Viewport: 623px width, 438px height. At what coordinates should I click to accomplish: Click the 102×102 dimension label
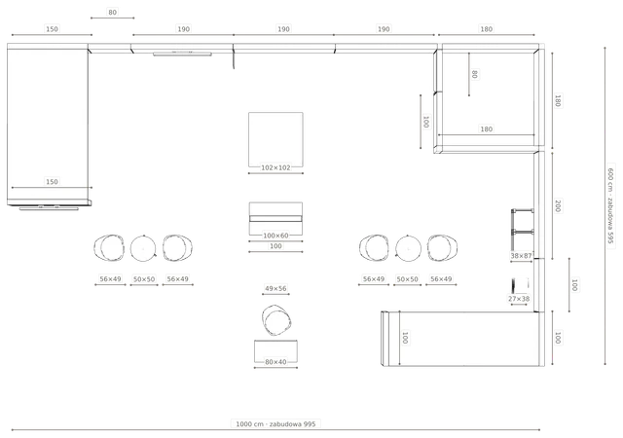click(x=275, y=167)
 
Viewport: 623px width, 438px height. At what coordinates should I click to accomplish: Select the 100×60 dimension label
click(x=275, y=236)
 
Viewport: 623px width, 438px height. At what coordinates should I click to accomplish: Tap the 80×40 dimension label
click(x=275, y=362)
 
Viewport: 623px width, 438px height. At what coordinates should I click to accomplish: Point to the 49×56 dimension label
click(x=275, y=288)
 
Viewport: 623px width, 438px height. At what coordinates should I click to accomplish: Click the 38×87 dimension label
click(x=521, y=256)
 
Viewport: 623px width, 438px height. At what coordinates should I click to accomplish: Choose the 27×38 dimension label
click(x=519, y=299)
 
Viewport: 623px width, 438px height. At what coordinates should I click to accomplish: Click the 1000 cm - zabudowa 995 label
click(x=275, y=424)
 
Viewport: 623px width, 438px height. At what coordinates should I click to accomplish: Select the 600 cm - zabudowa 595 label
click(x=611, y=206)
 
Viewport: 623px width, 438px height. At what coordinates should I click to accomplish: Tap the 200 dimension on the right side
click(x=558, y=206)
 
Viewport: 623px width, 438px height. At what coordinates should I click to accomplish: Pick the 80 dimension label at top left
click(x=113, y=13)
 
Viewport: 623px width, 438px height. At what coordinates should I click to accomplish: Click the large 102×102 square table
click(x=275, y=139)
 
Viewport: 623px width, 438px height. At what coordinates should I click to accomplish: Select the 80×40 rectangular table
click(x=275, y=351)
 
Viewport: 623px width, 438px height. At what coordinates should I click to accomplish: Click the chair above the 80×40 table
click(x=276, y=320)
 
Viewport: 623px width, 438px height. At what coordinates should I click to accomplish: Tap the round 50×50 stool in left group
click(x=143, y=248)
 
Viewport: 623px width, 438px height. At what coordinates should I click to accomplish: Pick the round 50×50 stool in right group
click(x=408, y=248)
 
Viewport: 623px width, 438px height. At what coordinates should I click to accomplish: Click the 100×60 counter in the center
click(x=275, y=219)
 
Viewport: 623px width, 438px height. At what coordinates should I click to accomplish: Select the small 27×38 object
click(x=520, y=285)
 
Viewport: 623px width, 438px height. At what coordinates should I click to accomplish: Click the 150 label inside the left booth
click(x=52, y=182)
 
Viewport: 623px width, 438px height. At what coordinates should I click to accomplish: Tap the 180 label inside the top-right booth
click(x=487, y=129)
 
